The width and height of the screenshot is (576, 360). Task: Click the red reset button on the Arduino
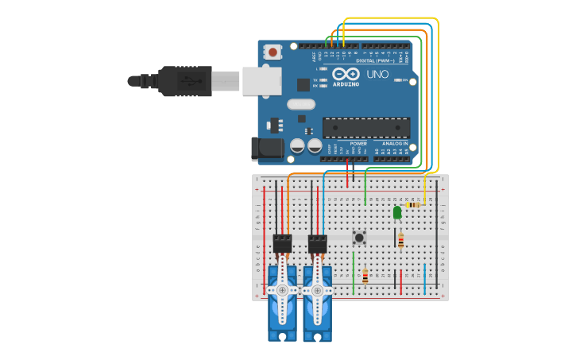[273, 52]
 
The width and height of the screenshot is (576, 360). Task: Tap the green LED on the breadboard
[397, 212]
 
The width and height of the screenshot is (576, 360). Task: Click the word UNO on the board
[378, 74]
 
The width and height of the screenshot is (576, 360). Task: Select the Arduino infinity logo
[351, 74]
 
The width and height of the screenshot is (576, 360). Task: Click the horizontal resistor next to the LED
[413, 205]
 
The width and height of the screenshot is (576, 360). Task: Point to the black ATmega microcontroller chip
[366, 128]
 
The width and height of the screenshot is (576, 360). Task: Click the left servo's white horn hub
[282, 290]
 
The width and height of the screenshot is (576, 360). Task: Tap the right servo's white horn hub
[317, 290]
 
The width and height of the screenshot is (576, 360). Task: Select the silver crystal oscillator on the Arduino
[301, 104]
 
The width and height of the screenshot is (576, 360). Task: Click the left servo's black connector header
[282, 244]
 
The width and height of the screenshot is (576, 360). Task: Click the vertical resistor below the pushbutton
[365, 276]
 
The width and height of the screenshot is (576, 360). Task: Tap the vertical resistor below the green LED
[400, 240]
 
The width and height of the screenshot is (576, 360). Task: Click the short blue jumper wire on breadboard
[424, 279]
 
